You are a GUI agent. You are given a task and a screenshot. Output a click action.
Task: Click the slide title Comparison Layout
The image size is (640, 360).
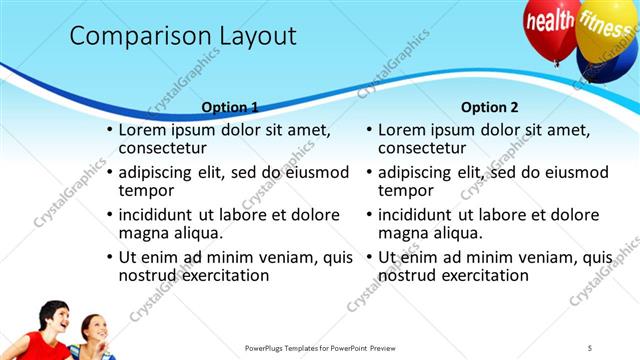(x=183, y=37)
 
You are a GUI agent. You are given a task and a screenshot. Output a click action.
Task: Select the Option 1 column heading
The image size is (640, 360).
(x=230, y=107)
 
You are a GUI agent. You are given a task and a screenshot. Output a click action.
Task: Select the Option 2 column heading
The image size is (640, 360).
(x=489, y=107)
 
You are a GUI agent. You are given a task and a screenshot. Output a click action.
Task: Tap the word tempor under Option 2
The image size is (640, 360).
(x=406, y=191)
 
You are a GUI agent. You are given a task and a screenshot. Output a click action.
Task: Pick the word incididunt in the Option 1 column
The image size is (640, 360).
(x=162, y=215)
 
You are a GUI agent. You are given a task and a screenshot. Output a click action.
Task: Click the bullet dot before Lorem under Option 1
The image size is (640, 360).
(x=109, y=131)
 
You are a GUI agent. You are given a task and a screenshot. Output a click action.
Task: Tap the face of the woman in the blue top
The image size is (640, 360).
(x=92, y=328)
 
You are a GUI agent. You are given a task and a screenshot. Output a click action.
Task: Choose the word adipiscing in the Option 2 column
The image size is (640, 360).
(x=420, y=172)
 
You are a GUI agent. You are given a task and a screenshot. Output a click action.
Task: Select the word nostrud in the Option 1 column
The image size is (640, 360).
(x=149, y=275)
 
